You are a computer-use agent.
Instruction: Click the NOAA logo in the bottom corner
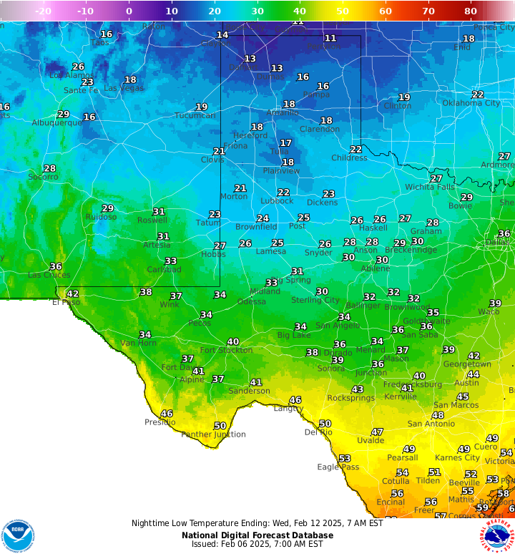18,535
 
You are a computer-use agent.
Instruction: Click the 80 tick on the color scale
471,11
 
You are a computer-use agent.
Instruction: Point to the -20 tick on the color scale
43,11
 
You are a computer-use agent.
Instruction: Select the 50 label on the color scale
343,11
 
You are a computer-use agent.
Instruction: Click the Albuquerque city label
57,122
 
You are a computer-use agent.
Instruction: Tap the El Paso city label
67,302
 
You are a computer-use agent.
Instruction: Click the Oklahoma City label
471,103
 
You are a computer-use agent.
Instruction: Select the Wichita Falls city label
430,187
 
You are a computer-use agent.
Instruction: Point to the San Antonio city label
431,424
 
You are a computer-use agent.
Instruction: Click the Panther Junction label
213,434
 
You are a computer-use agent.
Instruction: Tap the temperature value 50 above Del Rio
325,424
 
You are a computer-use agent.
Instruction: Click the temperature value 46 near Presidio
167,414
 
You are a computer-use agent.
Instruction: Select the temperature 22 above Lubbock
283,192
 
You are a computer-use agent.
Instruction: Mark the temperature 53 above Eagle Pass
345,458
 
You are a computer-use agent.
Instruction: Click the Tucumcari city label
195,115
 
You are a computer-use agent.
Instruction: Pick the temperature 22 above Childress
355,149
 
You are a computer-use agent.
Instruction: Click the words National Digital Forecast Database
257,535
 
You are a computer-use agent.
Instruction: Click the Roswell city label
152,220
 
